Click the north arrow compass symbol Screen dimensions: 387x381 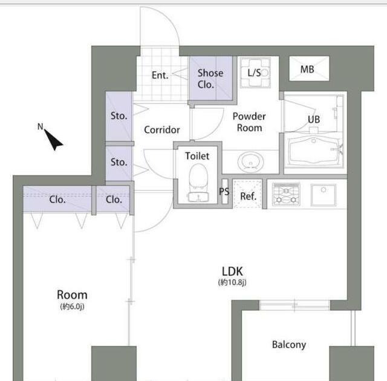click(x=53, y=140)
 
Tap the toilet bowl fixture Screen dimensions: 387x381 click(x=198, y=183)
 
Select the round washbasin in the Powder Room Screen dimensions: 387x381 click(x=250, y=162)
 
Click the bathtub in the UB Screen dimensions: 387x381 click(x=314, y=151)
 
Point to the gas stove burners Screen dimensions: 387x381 click(x=286, y=195)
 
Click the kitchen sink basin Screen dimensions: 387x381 click(x=324, y=195)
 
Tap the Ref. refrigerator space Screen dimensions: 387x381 click(x=247, y=194)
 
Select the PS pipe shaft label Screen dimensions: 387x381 click(x=224, y=191)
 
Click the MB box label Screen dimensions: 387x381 click(x=307, y=70)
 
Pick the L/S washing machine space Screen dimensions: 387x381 click(x=255, y=73)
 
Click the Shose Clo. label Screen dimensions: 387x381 click(x=210, y=79)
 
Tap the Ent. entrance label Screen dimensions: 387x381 click(x=160, y=75)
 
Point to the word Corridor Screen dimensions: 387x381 click(x=162, y=130)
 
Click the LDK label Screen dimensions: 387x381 click(x=232, y=272)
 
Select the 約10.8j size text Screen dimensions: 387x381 click(x=232, y=282)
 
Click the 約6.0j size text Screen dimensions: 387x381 click(x=72, y=307)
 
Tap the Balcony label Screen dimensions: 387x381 click(x=289, y=345)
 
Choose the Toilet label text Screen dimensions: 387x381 click(x=197, y=156)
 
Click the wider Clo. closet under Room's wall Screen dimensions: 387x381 click(x=57, y=199)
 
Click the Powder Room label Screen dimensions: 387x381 click(x=249, y=122)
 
